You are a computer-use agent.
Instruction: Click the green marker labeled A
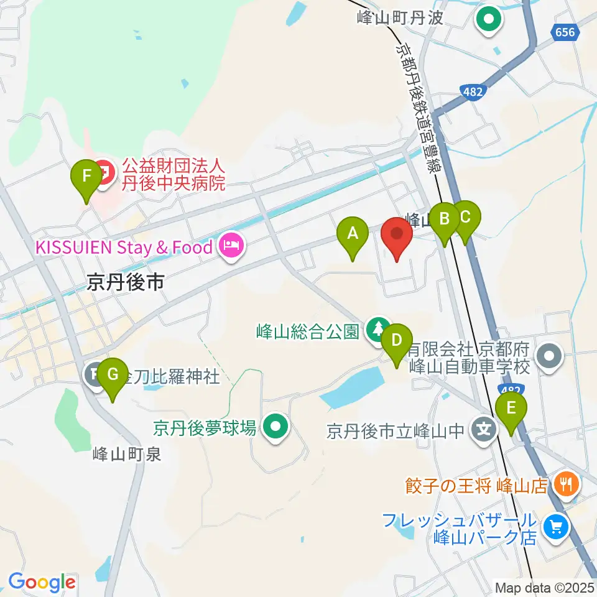353,234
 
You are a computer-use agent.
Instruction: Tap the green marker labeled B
445,220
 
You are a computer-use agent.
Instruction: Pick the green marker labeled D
397,341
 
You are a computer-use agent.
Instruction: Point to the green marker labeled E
511,409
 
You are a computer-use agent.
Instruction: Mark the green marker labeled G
113,375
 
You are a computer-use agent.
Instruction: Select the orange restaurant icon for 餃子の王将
566,483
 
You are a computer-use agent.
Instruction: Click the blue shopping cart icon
553,527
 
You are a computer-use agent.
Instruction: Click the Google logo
42,583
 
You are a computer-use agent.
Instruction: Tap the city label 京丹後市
125,283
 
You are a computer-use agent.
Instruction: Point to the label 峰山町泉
127,455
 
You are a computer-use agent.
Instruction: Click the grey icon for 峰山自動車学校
550,357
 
